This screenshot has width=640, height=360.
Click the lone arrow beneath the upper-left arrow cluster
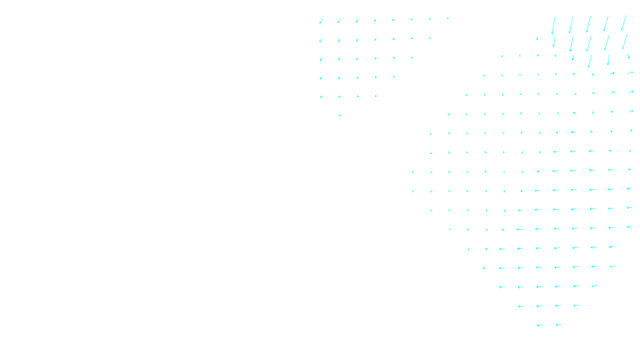(x=340, y=115)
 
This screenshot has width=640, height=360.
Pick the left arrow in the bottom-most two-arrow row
(x=540, y=325)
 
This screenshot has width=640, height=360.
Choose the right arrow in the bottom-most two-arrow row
(x=558, y=325)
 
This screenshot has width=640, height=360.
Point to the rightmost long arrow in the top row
(x=624, y=23)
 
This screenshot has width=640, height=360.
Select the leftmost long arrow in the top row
(x=553, y=25)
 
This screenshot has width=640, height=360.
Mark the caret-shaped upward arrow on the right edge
(x=630, y=151)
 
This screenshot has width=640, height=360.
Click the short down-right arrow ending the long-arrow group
(x=628, y=56)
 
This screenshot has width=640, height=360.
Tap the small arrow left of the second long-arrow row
(x=537, y=38)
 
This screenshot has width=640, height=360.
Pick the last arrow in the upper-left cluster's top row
(x=448, y=18)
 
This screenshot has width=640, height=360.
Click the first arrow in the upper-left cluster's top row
(x=321, y=21)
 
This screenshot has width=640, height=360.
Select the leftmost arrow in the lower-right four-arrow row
(x=521, y=306)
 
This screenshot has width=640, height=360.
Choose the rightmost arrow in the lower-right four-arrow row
(x=576, y=306)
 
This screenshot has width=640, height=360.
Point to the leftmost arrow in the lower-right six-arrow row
(x=502, y=287)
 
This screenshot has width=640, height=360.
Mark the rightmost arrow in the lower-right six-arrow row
(x=594, y=286)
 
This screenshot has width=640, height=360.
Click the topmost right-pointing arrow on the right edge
(x=630, y=73)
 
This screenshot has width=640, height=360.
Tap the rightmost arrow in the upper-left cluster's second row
(x=430, y=38)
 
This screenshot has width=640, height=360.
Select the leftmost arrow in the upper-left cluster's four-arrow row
(x=321, y=97)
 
